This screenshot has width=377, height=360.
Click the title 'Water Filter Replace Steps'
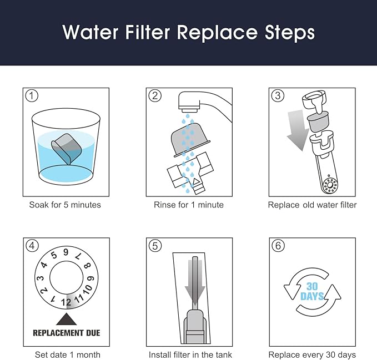188,32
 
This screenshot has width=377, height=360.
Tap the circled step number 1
32,95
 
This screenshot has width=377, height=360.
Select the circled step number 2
155,95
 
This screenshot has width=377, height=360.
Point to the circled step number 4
32,246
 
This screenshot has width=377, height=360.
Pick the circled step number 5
155,246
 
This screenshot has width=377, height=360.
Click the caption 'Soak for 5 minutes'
66,205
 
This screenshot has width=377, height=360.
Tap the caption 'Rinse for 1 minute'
189,205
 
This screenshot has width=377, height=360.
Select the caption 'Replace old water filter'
312,205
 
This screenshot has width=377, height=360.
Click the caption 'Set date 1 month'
66,354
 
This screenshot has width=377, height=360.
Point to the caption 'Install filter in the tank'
190,354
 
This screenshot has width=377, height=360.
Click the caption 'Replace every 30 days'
312,354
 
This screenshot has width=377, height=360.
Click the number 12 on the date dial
66,302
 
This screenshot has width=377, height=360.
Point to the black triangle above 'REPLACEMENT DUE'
66,320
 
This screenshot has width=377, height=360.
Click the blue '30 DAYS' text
312,291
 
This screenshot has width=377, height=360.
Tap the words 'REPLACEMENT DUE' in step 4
66,333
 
